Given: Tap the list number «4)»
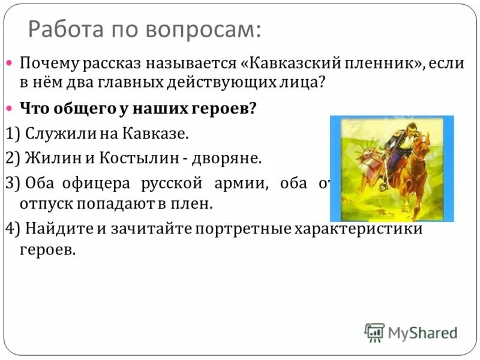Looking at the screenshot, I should point(11,229).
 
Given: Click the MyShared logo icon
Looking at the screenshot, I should point(374,332).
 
